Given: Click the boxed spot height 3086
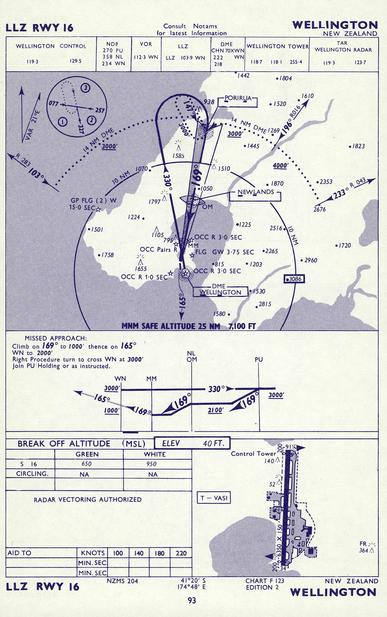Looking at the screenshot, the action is coord(294,279).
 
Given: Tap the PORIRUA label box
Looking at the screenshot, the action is coord(237,102).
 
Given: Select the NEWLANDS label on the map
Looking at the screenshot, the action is coord(255,192).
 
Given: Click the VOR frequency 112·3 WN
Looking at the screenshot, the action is coord(146,57).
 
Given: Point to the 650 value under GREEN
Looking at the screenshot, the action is coord(86,464).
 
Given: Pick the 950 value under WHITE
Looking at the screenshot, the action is coord(151,464).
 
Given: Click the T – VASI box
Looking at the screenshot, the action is coord(214,498).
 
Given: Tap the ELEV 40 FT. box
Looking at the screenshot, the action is coord(192,443).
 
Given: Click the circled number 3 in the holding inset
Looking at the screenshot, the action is coord(85,88).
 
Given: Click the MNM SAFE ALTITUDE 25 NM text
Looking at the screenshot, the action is coord(171,326).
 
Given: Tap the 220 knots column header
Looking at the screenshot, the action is coord(181,553).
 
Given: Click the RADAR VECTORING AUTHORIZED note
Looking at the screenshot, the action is coord(88,499).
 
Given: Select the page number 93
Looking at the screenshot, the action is coord(192,600).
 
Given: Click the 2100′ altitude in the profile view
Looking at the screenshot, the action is coord(215,410).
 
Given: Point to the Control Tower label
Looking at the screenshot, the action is coord(253,453).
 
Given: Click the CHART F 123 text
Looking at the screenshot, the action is coord(265,581).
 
